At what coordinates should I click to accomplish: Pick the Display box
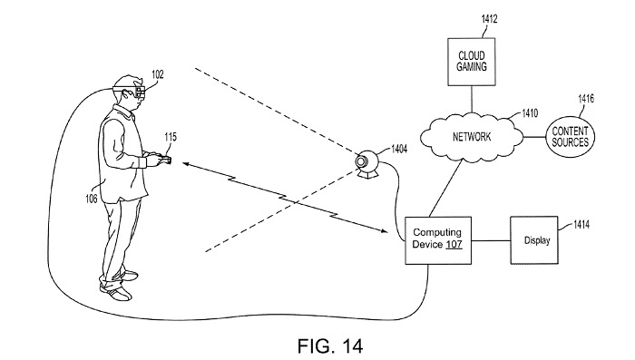point(536,240)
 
